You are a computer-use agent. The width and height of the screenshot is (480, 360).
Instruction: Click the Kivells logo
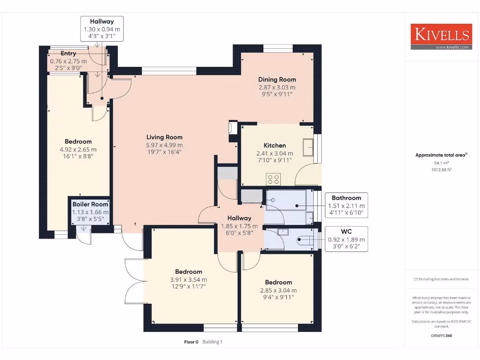pyautogui.click(x=441, y=37)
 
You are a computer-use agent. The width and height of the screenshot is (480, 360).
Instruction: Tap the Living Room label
pyautogui.click(x=165, y=137)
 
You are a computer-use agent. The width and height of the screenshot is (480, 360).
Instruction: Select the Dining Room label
pyautogui.click(x=277, y=80)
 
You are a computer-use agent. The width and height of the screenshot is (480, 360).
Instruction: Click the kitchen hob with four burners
pyautogui.click(x=273, y=180)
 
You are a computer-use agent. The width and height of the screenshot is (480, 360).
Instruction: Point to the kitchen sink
pyautogui.click(x=307, y=147)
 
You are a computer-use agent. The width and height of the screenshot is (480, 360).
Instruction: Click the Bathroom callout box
pyautogui.click(x=346, y=205)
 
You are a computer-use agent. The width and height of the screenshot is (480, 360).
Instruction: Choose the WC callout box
pyautogui.click(x=346, y=239)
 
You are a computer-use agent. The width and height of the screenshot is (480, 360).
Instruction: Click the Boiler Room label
pyautogui.click(x=90, y=204)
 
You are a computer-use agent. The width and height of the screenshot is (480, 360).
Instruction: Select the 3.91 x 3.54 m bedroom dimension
pyautogui.click(x=188, y=280)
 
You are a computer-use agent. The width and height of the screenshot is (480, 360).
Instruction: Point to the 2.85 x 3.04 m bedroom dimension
pyautogui.click(x=278, y=291)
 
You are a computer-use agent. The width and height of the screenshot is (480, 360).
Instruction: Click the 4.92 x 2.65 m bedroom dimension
pyautogui.click(x=78, y=150)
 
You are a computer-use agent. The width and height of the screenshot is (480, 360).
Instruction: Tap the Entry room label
pyautogui.click(x=68, y=53)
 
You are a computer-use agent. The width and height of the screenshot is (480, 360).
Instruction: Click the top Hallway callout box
pyautogui.click(x=102, y=29)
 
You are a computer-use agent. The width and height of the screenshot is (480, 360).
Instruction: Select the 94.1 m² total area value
pyautogui.click(x=441, y=163)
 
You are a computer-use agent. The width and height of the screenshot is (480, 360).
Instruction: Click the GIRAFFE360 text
pyautogui.click(x=441, y=336)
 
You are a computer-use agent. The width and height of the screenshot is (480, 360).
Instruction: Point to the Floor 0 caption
pyautogui.click(x=191, y=342)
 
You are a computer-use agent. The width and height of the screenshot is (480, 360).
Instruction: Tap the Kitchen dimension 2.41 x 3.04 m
pyautogui.click(x=275, y=154)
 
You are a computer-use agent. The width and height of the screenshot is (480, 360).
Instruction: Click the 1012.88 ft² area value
pyautogui.click(x=441, y=170)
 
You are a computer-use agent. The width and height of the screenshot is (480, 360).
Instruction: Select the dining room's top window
pyautogui.click(x=278, y=48)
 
